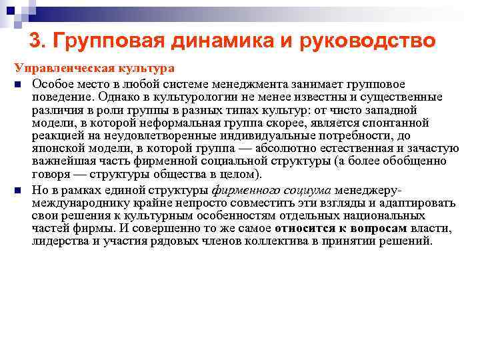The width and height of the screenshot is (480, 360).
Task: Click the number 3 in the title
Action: click(37, 41)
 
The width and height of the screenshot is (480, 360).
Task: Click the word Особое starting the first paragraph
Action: click(49, 83)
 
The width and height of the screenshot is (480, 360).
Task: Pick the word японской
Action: click(56, 150)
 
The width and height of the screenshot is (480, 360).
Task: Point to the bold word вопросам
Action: click(378, 229)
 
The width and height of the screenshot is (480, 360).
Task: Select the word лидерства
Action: click(59, 242)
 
